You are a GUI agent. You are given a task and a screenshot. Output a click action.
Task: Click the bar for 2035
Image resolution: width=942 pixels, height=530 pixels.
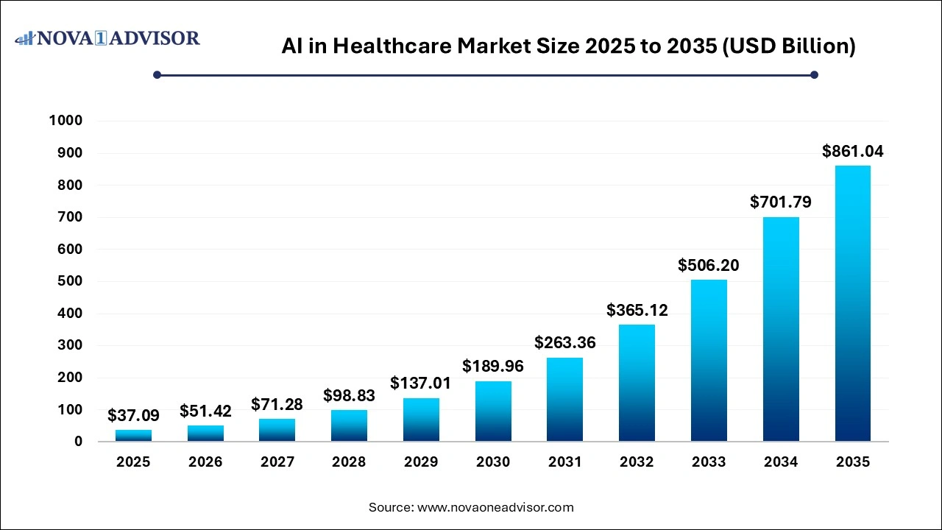click(x=852, y=303)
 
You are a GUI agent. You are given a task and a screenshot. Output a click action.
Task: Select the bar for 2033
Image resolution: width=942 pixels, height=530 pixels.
click(x=709, y=361)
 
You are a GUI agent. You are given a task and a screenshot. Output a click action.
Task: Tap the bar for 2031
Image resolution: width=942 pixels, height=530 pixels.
click(x=564, y=399)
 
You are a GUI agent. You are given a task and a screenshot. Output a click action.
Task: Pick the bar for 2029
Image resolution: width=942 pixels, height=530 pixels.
click(x=421, y=420)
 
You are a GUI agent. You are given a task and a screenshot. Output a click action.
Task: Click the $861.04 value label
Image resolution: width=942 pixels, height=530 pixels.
click(x=852, y=152)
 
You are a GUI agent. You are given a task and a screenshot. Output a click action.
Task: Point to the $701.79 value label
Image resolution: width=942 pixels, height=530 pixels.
click(x=780, y=202)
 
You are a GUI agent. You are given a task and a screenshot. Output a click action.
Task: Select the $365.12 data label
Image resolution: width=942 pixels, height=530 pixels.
click(x=637, y=310)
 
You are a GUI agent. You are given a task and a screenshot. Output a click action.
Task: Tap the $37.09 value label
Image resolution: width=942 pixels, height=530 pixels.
click(x=133, y=416)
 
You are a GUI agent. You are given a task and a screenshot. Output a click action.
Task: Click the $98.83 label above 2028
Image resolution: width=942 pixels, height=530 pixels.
click(x=349, y=396)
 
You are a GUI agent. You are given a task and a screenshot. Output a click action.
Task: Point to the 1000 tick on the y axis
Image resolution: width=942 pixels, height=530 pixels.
click(x=65, y=121)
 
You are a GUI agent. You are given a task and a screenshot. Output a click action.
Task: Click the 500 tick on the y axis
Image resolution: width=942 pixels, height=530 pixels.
click(x=70, y=281)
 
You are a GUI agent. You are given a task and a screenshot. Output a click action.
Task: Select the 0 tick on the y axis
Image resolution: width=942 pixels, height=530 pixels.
click(x=78, y=442)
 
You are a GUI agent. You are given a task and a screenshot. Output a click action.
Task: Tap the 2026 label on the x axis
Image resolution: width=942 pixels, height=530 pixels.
click(x=205, y=462)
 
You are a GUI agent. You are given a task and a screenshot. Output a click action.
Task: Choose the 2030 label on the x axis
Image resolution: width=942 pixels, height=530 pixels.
click(x=493, y=462)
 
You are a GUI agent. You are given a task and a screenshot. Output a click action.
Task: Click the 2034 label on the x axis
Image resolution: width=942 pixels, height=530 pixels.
click(x=780, y=462)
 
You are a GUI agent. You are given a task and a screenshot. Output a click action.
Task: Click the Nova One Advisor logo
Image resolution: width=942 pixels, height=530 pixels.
click(x=107, y=38)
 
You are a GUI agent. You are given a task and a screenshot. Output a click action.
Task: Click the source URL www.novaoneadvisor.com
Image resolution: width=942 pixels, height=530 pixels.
click(x=495, y=507)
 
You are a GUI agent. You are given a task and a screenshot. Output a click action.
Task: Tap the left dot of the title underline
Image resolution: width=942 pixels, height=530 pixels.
click(x=157, y=74)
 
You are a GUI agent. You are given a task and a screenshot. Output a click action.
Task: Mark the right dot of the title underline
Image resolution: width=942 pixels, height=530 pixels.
click(x=814, y=74)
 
